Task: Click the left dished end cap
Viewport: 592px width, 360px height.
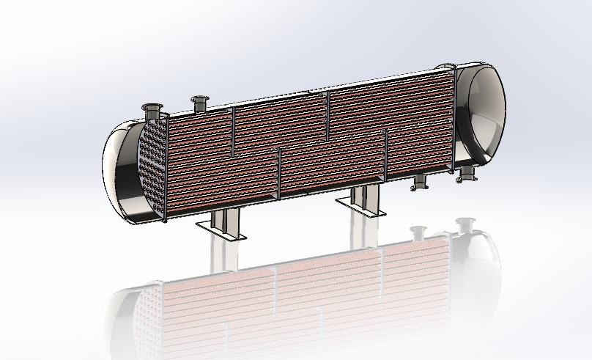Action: click(121, 172)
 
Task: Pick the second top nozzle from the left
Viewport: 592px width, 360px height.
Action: click(199, 103)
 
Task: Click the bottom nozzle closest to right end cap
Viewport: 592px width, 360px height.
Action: click(467, 173)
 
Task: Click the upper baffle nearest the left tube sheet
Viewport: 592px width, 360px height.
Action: click(233, 128)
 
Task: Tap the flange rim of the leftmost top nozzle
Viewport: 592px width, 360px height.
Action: click(153, 107)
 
